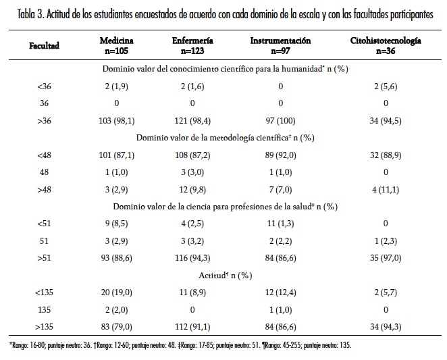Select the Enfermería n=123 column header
click(192, 45)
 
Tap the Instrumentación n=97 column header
click(280, 45)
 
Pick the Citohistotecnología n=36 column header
click(386, 45)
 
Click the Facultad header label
click(45, 45)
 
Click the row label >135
click(45, 327)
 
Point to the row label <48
click(45, 155)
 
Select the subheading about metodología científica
click(225, 137)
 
